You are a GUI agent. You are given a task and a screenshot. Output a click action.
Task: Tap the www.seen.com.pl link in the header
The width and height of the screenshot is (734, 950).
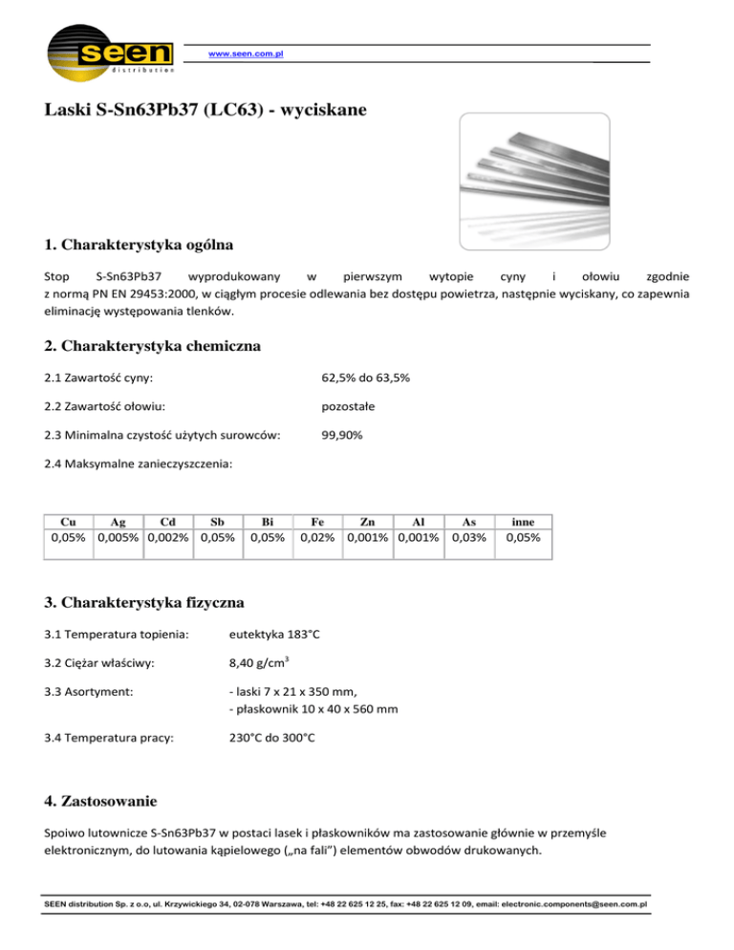click(x=246, y=54)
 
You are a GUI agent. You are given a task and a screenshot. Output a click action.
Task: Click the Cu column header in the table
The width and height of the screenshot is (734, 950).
click(x=69, y=522)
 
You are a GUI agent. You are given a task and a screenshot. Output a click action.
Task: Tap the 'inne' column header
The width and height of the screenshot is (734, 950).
click(x=523, y=522)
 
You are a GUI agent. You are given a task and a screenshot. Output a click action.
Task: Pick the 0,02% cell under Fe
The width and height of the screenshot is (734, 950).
click(x=317, y=537)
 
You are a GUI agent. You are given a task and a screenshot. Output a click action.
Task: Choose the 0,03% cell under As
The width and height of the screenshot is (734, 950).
click(x=468, y=537)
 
